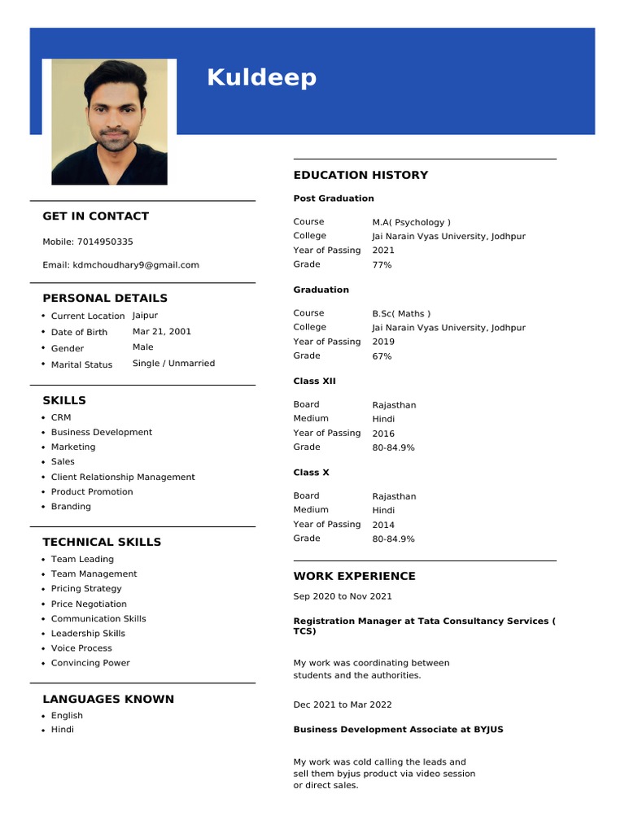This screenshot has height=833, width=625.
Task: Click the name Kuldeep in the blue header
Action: (x=261, y=78)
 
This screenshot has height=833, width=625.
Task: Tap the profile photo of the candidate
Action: (x=109, y=122)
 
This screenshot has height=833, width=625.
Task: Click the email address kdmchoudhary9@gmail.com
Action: (x=136, y=264)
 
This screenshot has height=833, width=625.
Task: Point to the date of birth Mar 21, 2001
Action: (x=162, y=331)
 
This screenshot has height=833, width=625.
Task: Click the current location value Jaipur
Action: (x=145, y=316)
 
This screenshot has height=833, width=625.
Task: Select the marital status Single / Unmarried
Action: (x=173, y=364)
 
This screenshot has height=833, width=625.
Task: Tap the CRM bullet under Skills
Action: (x=61, y=417)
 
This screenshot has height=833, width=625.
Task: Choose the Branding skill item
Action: (x=71, y=506)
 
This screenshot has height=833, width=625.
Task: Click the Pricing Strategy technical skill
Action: (x=86, y=588)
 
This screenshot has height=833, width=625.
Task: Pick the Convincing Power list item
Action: (x=90, y=663)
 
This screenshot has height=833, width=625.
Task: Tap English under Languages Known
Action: (x=67, y=716)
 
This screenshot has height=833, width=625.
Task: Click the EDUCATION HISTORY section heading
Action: (x=361, y=175)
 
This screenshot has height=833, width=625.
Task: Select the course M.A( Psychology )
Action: (x=411, y=222)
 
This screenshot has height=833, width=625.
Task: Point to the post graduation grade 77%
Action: (x=382, y=265)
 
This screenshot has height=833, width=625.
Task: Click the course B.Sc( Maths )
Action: (x=401, y=313)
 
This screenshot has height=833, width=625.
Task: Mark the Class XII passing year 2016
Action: (x=383, y=434)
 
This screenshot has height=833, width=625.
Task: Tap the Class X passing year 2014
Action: (x=383, y=525)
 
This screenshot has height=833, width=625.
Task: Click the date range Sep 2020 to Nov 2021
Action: (x=343, y=596)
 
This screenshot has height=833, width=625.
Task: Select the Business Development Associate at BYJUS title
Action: (x=398, y=730)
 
